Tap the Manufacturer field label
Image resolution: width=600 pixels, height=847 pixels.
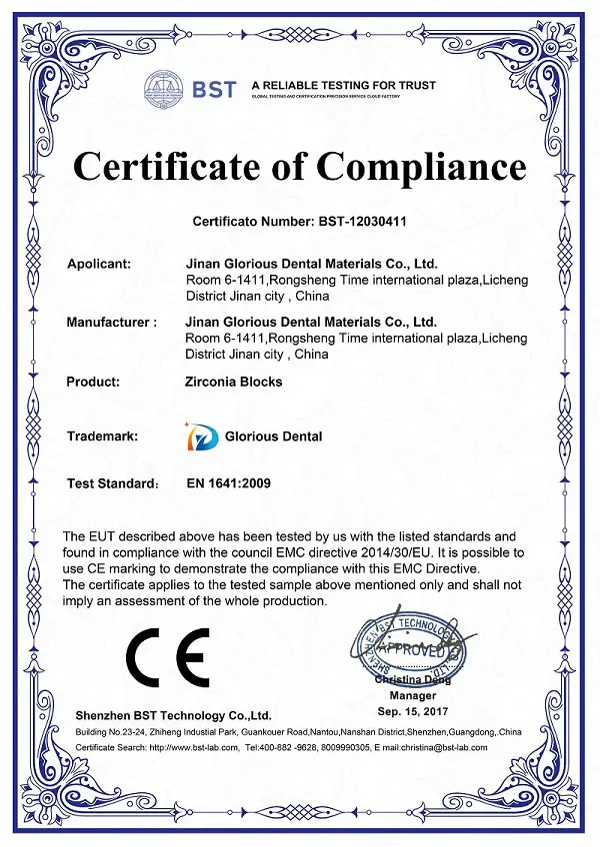tap(111, 323)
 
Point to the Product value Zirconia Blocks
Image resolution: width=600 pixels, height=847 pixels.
tap(234, 382)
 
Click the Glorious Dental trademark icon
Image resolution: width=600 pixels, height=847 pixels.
tap(200, 435)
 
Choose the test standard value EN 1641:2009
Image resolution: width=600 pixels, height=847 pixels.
tap(229, 483)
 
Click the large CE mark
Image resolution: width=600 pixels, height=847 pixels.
tap(167, 654)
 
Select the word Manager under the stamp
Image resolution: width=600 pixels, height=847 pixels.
tap(413, 694)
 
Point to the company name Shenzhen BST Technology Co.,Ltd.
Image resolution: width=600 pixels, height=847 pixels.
tap(174, 716)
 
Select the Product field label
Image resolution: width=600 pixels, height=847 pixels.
tap(93, 382)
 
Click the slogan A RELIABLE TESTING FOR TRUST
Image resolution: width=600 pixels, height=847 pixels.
tap(343, 85)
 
